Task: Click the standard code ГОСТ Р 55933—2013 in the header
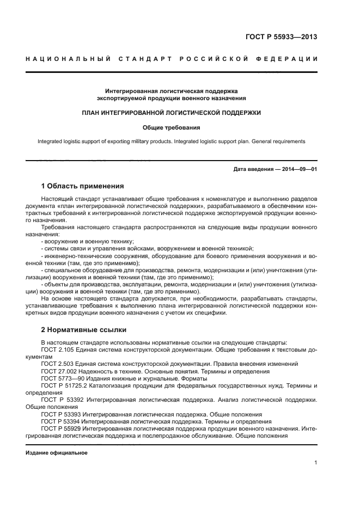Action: pyautogui.click(x=281, y=38)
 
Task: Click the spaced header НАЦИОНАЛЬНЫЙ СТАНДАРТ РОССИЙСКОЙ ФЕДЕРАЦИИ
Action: pyautogui.click(x=172, y=59)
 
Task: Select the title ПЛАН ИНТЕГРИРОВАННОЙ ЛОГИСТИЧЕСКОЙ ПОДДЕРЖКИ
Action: pyautogui.click(x=171, y=113)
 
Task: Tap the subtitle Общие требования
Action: pyautogui.click(x=171, y=128)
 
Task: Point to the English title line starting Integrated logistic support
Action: pyautogui.click(x=171, y=142)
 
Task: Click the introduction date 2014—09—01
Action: pyautogui.click(x=299, y=169)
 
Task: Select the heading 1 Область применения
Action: pyautogui.click(x=82, y=186)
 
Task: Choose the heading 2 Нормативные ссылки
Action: pyautogui.click(x=83, y=330)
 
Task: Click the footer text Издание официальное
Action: pyautogui.click(x=57, y=452)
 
